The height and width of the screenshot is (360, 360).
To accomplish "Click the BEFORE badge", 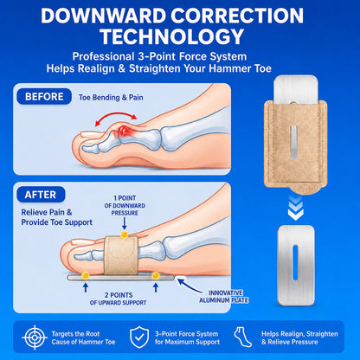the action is tap(44, 96).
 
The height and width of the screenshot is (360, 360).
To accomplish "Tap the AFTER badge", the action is tap(41, 195).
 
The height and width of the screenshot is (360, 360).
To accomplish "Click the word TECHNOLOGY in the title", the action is tap(172, 36).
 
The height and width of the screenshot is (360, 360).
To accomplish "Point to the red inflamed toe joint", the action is tap(125, 132).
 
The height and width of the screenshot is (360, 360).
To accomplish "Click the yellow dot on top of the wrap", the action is tap(125, 235).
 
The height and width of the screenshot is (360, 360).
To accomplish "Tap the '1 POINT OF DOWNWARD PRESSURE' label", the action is tap(125, 205).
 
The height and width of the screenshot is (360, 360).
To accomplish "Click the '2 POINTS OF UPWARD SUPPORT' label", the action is tap(119, 299).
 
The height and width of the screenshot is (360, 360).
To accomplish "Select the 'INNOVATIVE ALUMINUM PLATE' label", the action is tap(224, 297).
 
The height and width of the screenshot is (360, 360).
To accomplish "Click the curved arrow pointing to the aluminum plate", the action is tap(190, 286).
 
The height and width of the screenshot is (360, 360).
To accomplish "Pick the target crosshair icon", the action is tap(35, 337).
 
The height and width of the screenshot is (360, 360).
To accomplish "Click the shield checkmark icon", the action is tap(139, 337).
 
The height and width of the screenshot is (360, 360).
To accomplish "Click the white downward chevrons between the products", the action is tap(296, 208).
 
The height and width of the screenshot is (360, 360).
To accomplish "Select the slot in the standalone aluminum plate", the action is tap(295, 263).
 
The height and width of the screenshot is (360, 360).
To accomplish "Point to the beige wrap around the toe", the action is tap(121, 255).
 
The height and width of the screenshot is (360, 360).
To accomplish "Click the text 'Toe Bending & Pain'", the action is tap(111, 98).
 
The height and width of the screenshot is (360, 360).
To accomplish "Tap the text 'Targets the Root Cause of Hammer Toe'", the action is tap(83, 337).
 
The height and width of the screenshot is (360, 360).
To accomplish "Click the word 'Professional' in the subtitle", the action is tap(103, 56).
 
